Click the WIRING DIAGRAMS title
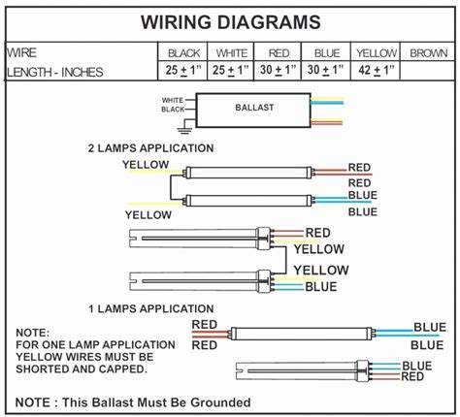pos(230,21)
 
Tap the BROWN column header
pos(428,53)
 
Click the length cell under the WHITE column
pos(232,71)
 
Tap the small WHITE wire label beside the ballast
pos(173,100)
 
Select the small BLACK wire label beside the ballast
pos(173,110)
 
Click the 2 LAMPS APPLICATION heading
pos(151,148)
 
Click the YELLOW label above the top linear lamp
pos(145,165)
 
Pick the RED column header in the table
pos(279,53)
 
